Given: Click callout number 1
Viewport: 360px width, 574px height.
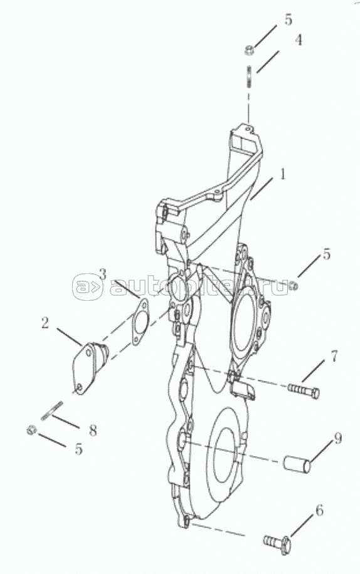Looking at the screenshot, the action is [282, 174].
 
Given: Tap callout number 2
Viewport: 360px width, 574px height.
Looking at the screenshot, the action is [45, 323].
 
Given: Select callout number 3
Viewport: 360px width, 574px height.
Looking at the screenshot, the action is [103, 274].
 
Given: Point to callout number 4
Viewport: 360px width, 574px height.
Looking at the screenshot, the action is [299, 40].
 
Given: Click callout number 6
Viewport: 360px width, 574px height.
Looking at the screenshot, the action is [319, 510].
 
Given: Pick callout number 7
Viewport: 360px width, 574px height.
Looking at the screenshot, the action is [334, 356].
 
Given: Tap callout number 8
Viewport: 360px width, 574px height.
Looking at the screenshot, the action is [93, 430].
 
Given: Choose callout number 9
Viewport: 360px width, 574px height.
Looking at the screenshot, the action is [337, 438].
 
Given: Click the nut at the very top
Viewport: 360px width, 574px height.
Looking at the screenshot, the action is [249, 50].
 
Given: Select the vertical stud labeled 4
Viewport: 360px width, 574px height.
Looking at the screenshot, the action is [248, 77].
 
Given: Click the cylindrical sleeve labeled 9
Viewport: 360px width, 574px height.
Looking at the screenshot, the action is [297, 464].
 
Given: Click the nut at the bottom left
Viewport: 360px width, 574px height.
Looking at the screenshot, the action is [32, 429].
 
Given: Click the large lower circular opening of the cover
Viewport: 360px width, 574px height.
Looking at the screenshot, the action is [223, 459].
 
